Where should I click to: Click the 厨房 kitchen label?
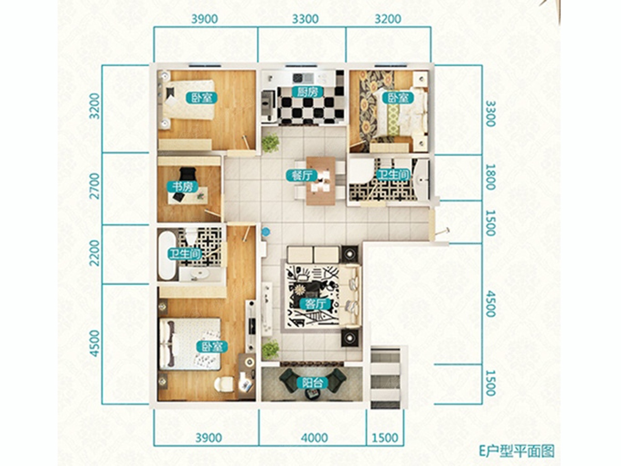[307, 92]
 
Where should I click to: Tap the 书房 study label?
[183, 187]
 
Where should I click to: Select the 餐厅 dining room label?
[301, 176]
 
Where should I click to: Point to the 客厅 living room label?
[315, 304]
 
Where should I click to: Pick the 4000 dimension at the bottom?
[314, 438]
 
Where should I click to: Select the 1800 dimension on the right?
[490, 177]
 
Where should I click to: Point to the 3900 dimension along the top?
[204, 19]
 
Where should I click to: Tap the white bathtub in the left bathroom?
[167, 255]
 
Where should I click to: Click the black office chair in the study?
[188, 173]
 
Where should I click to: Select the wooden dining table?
[321, 181]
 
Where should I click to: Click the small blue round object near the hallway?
[265, 232]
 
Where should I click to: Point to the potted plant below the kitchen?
[271, 143]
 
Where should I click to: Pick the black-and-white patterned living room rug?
[313, 295]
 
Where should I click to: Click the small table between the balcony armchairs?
[313, 394]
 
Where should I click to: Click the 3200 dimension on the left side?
[96, 106]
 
